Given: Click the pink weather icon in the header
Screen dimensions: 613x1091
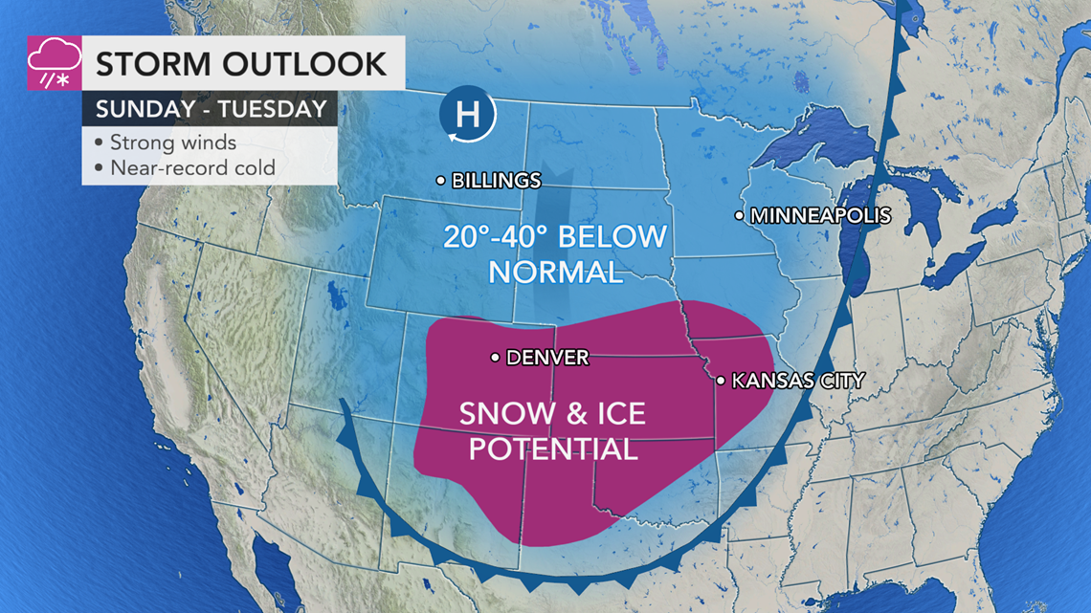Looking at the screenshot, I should pos(55,63).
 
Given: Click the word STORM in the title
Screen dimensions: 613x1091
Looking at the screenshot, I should pos(154,64).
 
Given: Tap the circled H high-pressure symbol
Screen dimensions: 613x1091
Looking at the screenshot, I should pos(468,116).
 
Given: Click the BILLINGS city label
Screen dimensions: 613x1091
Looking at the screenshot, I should pos(496,181).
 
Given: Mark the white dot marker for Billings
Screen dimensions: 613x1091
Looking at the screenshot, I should pos(440,180).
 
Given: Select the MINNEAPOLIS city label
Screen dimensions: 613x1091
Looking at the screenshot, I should pos(820,216).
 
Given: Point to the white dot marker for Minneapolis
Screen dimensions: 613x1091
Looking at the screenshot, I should pos(739,216).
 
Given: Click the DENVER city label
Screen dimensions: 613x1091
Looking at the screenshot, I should pos(546,358).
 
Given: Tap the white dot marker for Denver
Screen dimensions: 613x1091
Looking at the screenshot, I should pos(495,358).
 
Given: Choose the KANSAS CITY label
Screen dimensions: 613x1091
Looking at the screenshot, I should pos(797,381).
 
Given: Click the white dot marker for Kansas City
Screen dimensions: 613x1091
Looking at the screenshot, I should pos(721,381).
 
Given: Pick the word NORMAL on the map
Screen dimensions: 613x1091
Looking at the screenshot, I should pos(554,272).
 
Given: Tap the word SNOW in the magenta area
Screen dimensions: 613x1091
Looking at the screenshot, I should pos(504,413).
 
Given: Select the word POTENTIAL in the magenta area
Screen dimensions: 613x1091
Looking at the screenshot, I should pos(553,448).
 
